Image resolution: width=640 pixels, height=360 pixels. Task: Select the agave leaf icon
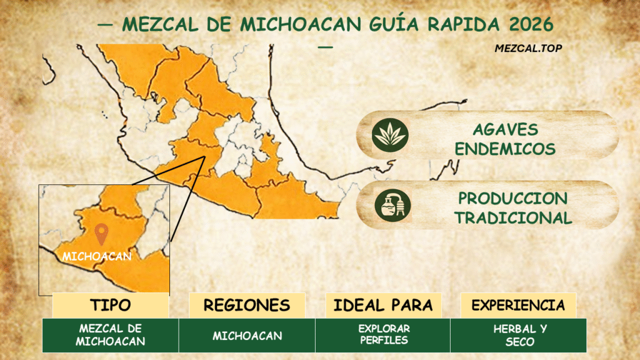pyautogui.click(x=389, y=135)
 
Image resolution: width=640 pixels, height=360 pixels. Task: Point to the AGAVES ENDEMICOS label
pyautogui.click(x=505, y=139)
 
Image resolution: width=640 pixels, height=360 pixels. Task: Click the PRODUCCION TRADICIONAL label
pyautogui.click(x=512, y=208)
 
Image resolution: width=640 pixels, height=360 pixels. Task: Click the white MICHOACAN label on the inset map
pyautogui.click(x=97, y=256)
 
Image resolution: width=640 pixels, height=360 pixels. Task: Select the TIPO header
pyautogui.click(x=111, y=305)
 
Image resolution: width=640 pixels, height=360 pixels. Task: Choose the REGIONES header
pyautogui.click(x=247, y=305)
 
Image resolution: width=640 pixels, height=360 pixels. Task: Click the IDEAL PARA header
pyautogui.click(x=383, y=305)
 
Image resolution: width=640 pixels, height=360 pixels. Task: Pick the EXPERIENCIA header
pyautogui.click(x=518, y=305)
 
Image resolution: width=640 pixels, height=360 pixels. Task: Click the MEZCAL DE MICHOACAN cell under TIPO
pyautogui.click(x=111, y=335)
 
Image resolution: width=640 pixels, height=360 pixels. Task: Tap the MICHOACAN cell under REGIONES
pyautogui.click(x=247, y=336)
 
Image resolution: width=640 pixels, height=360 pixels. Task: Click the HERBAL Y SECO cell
pyautogui.click(x=518, y=335)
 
